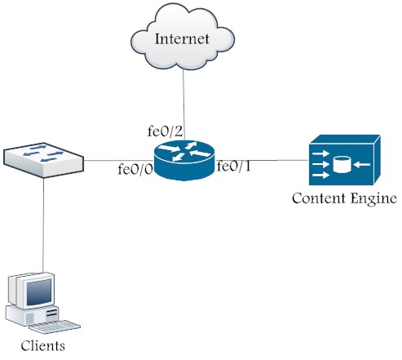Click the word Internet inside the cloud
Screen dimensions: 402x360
[x=182, y=39]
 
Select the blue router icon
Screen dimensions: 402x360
[x=184, y=160]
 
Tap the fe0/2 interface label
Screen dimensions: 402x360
[x=165, y=131]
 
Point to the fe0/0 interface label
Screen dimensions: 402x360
[x=135, y=169]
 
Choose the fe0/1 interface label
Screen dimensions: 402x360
[x=234, y=167]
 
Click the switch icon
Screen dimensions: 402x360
[x=43, y=160]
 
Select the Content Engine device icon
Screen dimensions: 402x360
[x=345, y=160]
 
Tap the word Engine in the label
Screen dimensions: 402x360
[x=373, y=199]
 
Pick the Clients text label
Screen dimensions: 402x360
[x=43, y=346]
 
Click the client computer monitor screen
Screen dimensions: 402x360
[x=39, y=292]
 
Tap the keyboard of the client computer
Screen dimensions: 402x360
[x=55, y=327]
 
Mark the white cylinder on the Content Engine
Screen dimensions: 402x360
[x=342, y=164]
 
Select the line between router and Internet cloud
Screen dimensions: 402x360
[x=184, y=104]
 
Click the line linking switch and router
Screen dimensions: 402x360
[x=118, y=160]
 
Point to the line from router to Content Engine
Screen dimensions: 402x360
[x=262, y=160]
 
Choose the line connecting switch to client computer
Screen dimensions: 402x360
[x=43, y=225]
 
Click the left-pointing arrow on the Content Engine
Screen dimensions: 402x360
[x=362, y=164]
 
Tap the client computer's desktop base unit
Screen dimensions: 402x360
[x=33, y=316]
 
